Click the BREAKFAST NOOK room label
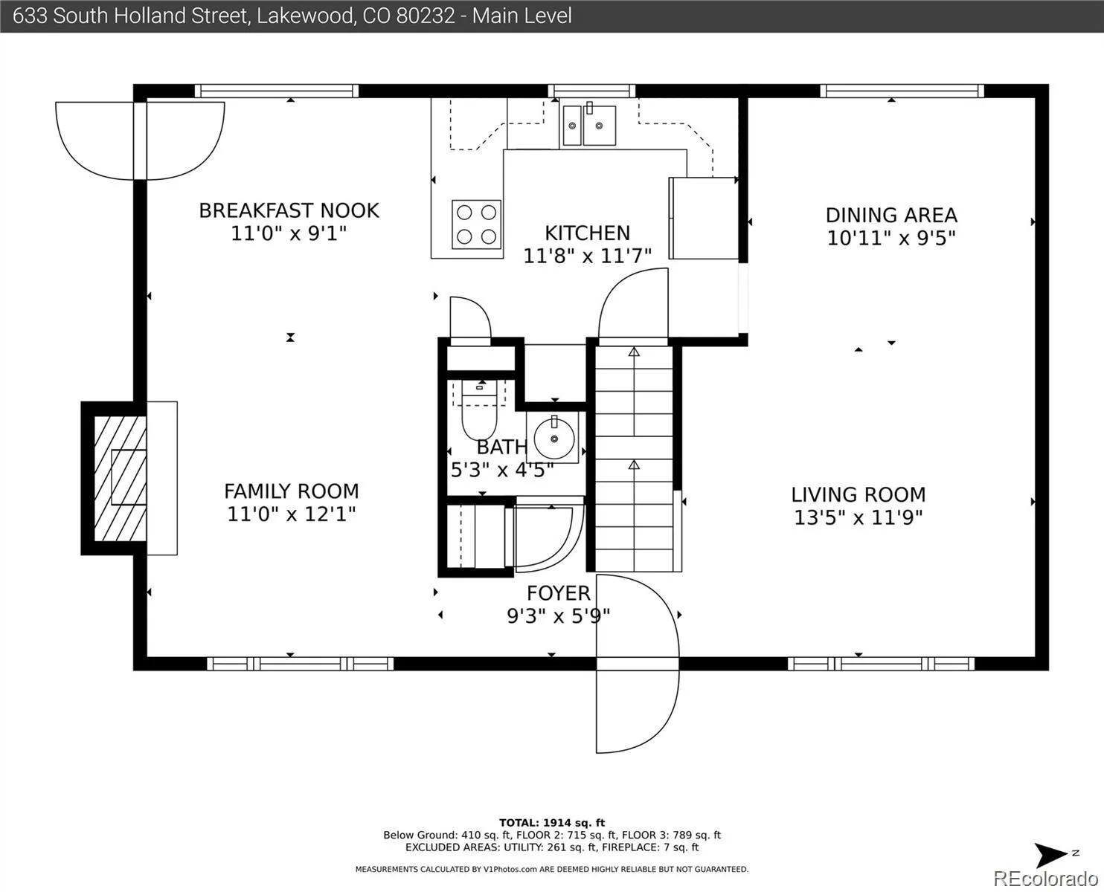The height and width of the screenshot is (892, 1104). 289,210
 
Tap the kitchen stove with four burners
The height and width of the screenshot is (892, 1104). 476,224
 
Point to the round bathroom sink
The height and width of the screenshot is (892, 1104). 554,438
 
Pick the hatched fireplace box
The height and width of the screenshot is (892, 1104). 120,479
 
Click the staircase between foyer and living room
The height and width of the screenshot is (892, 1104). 634,459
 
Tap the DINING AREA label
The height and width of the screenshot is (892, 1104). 891,216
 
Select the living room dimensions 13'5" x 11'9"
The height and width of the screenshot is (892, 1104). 859,517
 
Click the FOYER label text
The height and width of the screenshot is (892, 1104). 558,593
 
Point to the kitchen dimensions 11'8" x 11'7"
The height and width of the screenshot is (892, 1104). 587,256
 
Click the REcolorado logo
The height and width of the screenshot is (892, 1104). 1045,878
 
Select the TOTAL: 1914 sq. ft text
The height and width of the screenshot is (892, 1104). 551,823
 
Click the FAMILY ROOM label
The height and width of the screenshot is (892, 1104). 292,491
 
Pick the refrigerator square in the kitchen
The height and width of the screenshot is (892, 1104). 703,218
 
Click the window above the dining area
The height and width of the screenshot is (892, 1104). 902,91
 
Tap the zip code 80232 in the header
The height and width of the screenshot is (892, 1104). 426,16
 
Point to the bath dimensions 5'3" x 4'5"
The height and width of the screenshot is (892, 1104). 501,470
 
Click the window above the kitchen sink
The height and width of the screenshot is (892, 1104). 591,91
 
